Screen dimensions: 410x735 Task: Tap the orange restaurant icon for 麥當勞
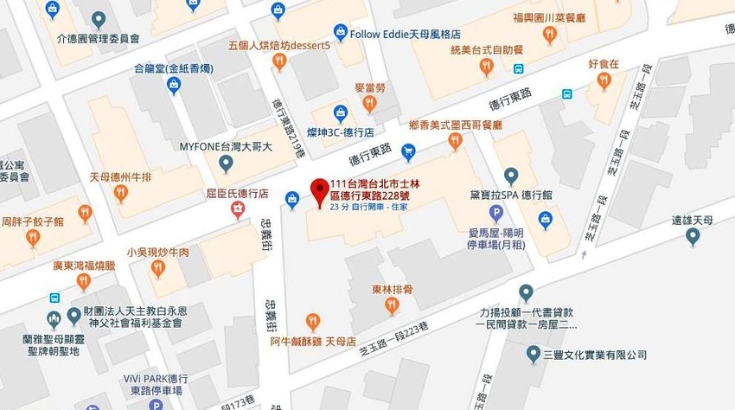click(369, 104)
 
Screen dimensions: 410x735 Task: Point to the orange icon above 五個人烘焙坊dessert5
click(278, 61)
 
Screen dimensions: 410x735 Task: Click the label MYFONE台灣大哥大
click(226, 147)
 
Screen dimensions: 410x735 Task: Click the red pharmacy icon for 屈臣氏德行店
click(235, 209)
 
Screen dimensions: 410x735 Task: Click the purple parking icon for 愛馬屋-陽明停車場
click(496, 213)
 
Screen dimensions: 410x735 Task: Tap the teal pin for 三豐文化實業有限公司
click(534, 354)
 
